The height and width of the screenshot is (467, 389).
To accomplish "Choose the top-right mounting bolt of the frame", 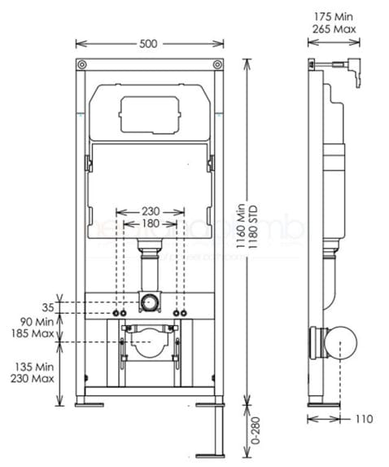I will [x=217, y=66].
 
